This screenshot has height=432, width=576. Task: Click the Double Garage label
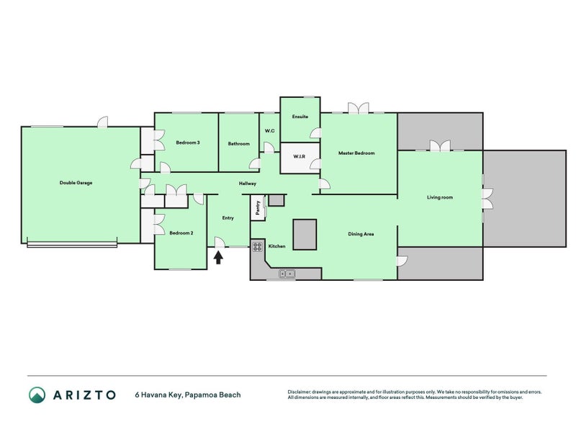click(x=76, y=183)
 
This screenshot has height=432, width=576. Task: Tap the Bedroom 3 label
click(x=188, y=143)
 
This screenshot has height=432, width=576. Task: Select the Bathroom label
click(x=239, y=143)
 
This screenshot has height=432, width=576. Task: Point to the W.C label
click(x=269, y=131)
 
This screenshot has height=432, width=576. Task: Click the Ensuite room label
click(x=300, y=117)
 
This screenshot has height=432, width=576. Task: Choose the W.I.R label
click(x=299, y=156)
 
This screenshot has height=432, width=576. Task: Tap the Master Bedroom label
click(x=356, y=153)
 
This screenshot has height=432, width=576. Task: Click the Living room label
click(x=440, y=197)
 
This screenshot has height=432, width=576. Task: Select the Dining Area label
click(x=361, y=233)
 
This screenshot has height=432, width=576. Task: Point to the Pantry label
click(x=258, y=207)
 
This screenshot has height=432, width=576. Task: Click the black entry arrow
click(x=218, y=257)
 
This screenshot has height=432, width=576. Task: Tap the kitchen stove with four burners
click(x=258, y=246)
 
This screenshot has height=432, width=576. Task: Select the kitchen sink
click(x=287, y=274)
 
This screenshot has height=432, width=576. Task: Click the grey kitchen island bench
click(x=305, y=235)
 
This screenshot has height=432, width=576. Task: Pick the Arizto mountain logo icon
click(x=37, y=395)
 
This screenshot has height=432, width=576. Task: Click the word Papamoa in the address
click(x=201, y=395)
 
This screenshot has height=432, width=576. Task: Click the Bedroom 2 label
click(x=181, y=233)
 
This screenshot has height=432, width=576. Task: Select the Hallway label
click(x=247, y=184)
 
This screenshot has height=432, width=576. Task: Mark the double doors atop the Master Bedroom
click(x=358, y=107)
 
